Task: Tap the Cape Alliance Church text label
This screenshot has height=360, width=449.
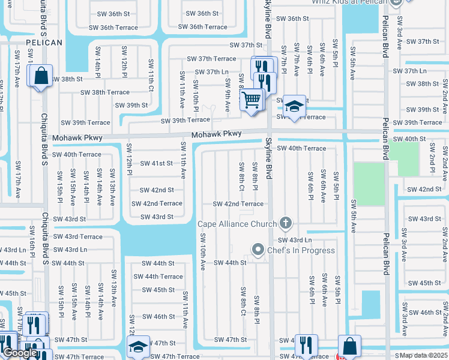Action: [238, 224]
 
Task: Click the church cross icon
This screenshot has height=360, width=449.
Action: [286, 224]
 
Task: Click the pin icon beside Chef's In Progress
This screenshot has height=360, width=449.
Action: [258, 248]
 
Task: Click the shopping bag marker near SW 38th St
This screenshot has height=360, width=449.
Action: [40, 77]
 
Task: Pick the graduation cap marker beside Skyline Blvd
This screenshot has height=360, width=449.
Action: [294, 106]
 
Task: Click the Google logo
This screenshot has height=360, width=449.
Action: [20, 353]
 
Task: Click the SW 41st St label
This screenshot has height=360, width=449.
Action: [157, 163]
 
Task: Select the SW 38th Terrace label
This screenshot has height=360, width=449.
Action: [106, 92]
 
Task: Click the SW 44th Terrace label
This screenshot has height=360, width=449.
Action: [158, 277]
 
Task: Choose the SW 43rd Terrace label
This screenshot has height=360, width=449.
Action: [78, 237]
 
